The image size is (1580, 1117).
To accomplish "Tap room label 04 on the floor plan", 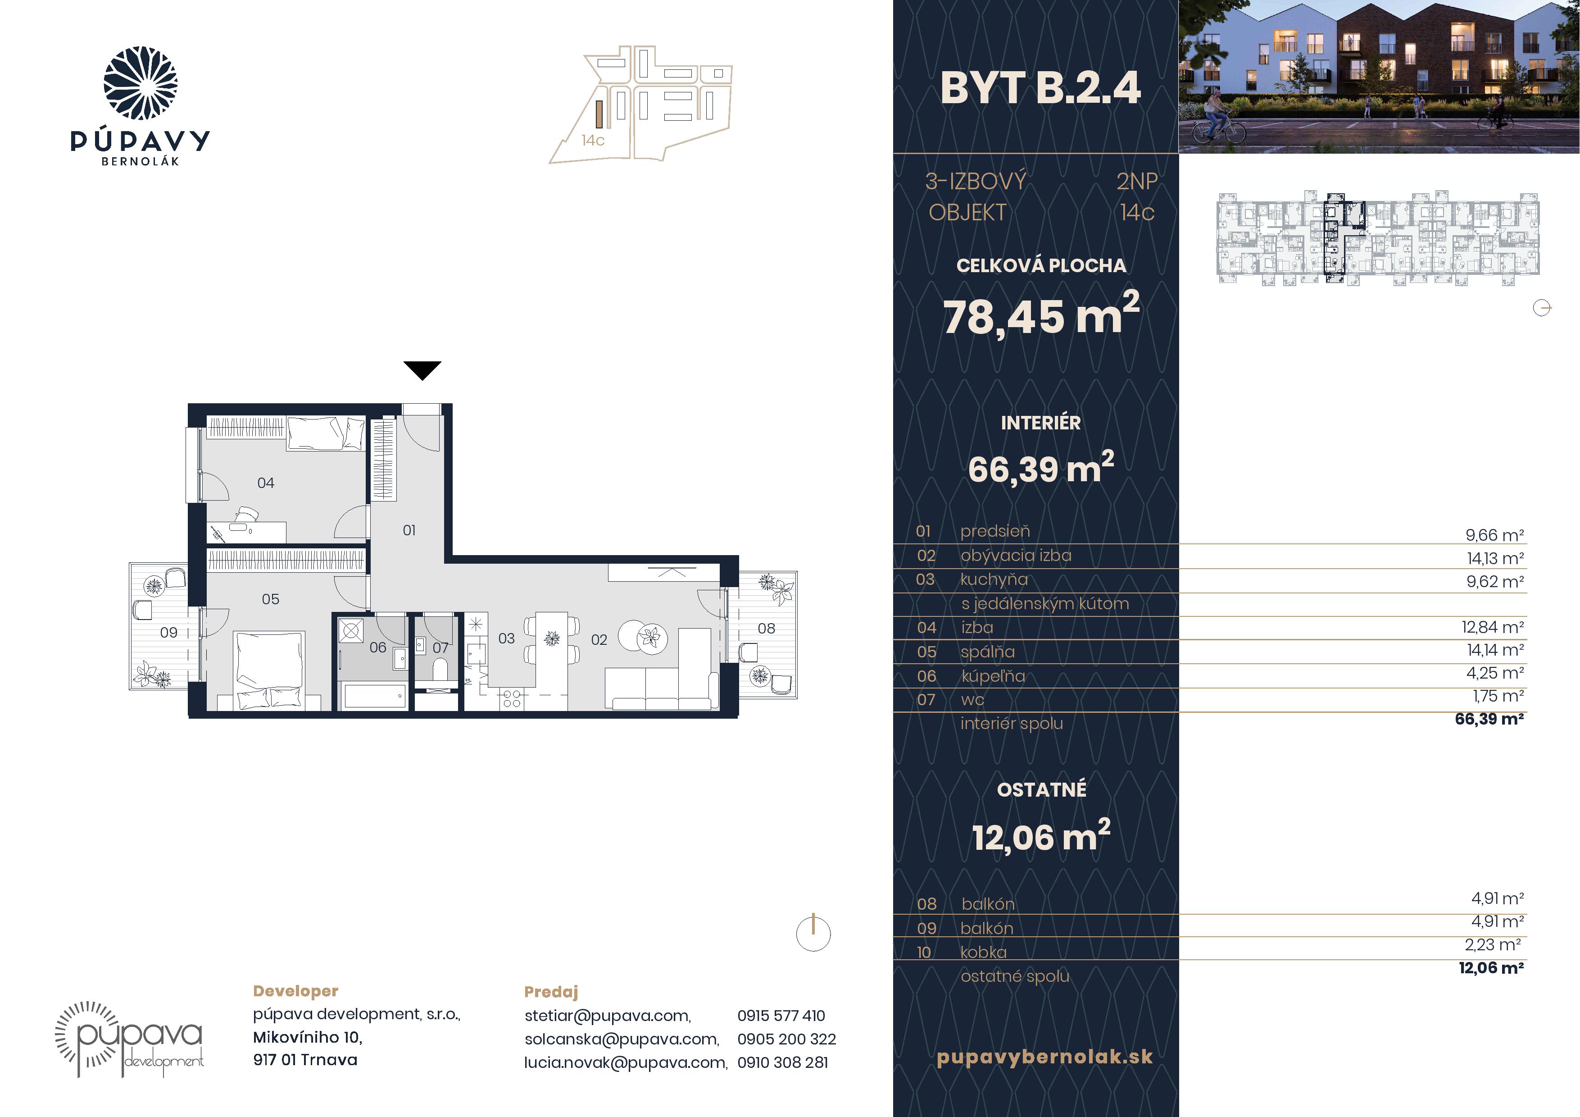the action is point(266,483).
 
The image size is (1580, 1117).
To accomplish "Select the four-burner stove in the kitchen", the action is point(511,699).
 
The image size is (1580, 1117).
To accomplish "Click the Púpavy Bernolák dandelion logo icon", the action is point(141,83).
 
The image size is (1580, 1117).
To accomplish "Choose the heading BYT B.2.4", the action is point(1040,88).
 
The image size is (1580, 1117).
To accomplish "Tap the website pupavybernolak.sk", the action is point(1044,1057).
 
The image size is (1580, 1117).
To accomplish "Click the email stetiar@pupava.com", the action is point(608,1016).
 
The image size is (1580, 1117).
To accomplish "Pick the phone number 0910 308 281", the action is point(782,1062).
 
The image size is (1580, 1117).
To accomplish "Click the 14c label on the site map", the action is point(593,141).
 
